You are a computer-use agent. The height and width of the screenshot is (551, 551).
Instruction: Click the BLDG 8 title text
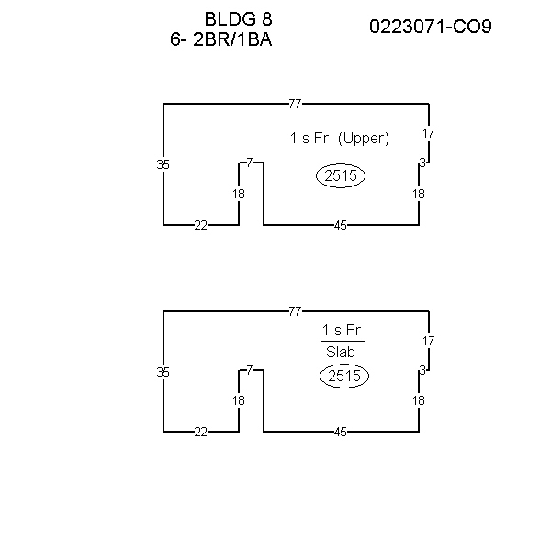click(x=238, y=19)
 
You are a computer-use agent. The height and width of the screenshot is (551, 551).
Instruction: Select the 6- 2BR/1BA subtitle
click(x=221, y=39)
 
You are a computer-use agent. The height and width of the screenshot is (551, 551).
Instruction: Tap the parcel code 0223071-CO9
click(x=431, y=27)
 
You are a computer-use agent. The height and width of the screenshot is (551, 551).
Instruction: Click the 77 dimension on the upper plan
click(x=295, y=104)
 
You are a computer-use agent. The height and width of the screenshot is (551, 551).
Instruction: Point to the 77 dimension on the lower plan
click(x=295, y=311)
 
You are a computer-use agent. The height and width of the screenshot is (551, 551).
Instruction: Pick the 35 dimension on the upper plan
click(x=163, y=164)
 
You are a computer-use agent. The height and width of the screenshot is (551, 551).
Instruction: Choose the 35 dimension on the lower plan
click(x=163, y=372)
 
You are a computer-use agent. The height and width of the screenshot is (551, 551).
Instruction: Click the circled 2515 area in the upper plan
click(x=341, y=175)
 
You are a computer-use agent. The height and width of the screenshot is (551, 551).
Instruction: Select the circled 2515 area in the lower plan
click(x=344, y=376)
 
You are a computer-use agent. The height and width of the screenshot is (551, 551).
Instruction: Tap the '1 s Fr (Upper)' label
click(x=340, y=138)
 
